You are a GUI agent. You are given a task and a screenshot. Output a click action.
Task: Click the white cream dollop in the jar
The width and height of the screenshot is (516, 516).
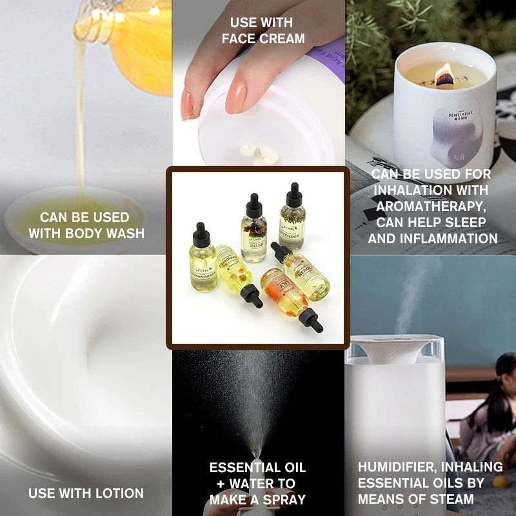coord(253,152)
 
